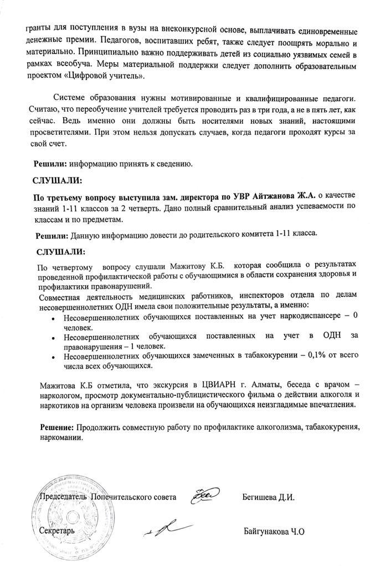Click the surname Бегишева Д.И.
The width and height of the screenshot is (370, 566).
pos(268,497)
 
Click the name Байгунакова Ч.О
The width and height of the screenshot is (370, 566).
pos(274,531)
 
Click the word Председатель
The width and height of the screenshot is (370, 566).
pos(61,497)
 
